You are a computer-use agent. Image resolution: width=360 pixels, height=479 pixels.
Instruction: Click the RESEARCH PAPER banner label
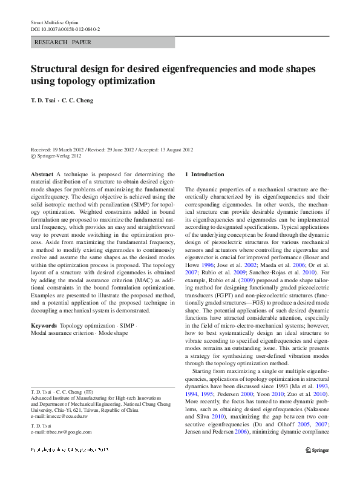click(64, 42)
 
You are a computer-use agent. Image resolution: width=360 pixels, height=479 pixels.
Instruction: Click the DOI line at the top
click(65, 29)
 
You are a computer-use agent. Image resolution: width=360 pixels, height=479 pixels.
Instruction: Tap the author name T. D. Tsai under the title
click(43, 101)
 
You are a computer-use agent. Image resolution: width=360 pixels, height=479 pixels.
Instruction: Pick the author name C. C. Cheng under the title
click(77, 101)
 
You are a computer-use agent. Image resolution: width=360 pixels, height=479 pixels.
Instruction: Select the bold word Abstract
click(42, 174)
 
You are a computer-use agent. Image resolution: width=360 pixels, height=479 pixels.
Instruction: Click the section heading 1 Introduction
click(204, 174)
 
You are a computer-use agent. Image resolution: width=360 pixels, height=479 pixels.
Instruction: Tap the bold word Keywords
click(44, 325)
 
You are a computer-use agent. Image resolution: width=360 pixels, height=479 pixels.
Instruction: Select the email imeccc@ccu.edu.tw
click(67, 417)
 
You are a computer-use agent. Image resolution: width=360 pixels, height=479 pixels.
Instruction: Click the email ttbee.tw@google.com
click(67, 432)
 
